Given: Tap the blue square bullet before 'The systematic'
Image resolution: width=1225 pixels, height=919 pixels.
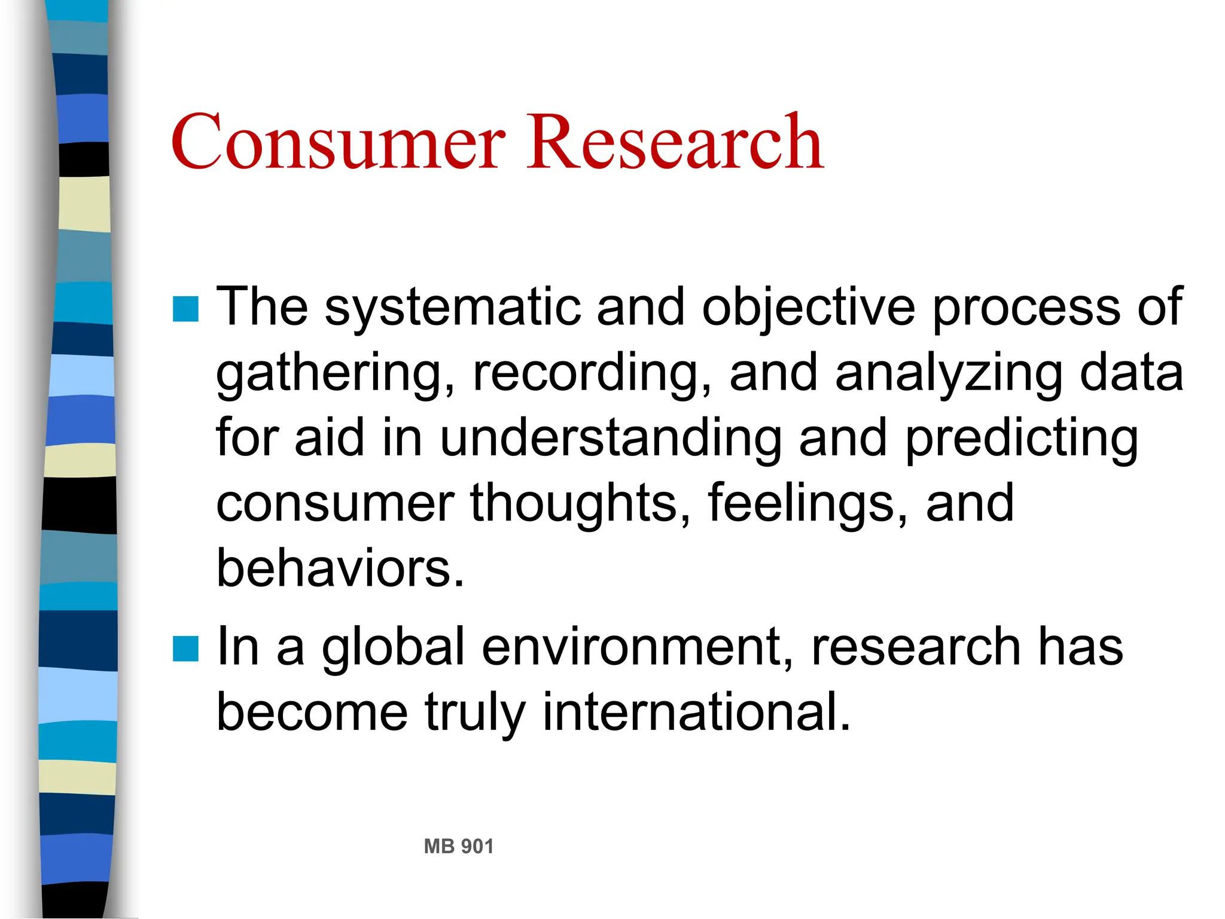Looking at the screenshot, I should [185, 309].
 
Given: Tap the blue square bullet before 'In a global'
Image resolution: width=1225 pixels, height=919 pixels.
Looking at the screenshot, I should [185, 649].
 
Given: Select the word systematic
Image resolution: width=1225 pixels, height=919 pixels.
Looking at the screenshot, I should [452, 308].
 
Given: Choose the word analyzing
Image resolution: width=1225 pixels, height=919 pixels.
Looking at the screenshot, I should [949, 374].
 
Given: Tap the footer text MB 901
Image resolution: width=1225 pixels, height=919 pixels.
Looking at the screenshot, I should [458, 847].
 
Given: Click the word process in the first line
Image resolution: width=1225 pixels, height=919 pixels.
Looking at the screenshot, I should [1026, 308].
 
